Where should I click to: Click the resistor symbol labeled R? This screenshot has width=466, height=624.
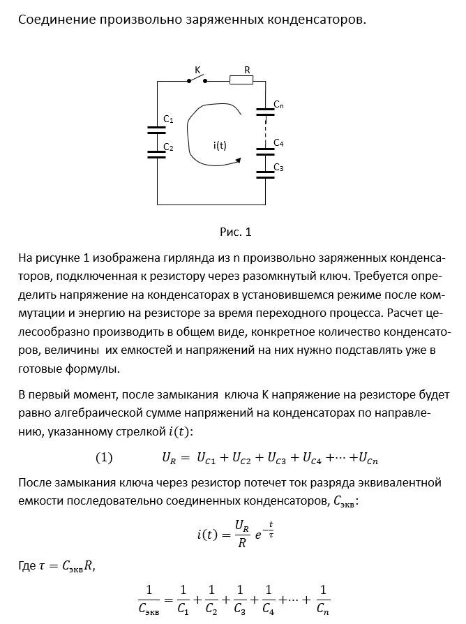(x=241, y=81)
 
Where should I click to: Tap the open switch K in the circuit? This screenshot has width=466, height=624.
(x=196, y=80)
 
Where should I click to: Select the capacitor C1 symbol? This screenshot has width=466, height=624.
(x=156, y=129)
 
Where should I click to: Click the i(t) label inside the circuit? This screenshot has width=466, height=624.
(x=220, y=145)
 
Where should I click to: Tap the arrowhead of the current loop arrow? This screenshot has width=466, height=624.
(x=239, y=160)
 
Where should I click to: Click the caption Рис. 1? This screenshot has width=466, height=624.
(x=235, y=232)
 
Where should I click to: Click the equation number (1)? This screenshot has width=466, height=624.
(x=104, y=458)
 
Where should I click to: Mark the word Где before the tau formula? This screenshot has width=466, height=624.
(x=27, y=567)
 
